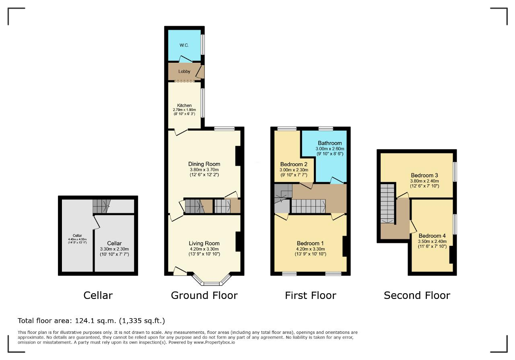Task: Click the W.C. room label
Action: click(x=184, y=45)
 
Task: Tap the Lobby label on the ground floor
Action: click(x=184, y=72)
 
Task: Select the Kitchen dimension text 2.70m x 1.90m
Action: click(x=184, y=110)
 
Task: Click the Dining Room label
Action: click(x=204, y=164)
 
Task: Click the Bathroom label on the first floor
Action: click(x=330, y=143)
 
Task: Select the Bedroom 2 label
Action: click(x=294, y=165)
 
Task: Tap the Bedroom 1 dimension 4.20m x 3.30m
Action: click(x=310, y=249)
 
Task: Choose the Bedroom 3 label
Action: click(x=424, y=175)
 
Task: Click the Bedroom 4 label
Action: click(x=432, y=236)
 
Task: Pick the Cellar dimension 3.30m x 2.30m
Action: click(x=114, y=249)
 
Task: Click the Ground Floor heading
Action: click(x=204, y=295)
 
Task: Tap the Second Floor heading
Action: click(x=417, y=295)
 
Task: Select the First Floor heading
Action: click(x=311, y=295)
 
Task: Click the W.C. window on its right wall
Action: click(x=202, y=45)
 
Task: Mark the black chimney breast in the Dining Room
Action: click(x=238, y=156)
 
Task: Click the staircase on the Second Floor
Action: click(x=387, y=204)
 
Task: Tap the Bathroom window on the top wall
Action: click(x=326, y=128)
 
